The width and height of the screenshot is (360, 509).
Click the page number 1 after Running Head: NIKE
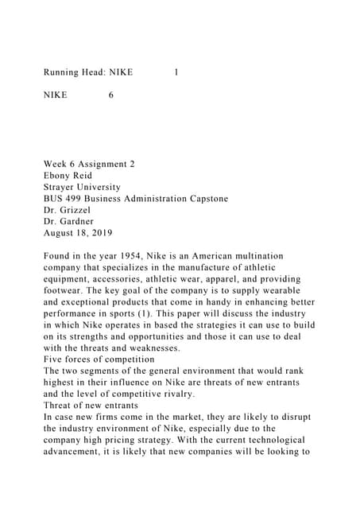click(x=176, y=72)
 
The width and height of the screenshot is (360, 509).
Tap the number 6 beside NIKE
click(x=110, y=95)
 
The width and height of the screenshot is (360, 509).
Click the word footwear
click(x=68, y=291)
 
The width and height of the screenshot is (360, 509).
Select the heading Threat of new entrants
click(x=91, y=406)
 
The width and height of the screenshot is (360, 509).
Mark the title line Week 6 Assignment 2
click(x=88, y=164)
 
